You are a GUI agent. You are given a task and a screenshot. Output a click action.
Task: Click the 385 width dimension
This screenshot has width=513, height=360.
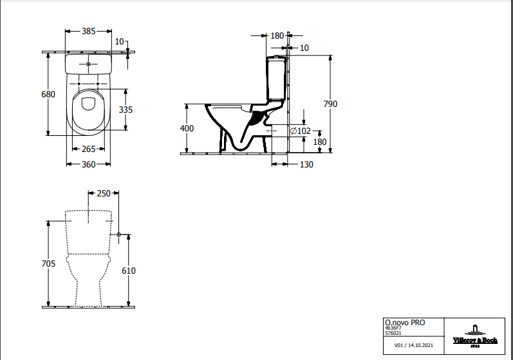pos(89,31)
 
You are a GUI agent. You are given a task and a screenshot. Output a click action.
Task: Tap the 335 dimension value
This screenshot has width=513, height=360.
pos(126,110)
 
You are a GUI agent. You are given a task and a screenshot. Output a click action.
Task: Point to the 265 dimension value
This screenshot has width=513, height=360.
pos(89,149)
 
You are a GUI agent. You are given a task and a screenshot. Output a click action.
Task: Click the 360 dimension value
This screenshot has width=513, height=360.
pos(89,164)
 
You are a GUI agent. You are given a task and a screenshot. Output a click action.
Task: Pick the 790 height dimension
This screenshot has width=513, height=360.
pos(330,104)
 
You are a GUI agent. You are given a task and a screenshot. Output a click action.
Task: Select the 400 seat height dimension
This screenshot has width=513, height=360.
pos(187,128)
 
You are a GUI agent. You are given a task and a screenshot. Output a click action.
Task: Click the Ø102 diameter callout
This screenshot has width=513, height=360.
pos(301,131)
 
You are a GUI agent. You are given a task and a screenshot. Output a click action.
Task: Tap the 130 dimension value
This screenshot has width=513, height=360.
pos(306,164)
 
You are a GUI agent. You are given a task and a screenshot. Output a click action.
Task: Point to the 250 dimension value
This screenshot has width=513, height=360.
pos(103,193)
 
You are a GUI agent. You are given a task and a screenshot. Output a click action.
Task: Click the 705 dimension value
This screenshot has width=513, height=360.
pos(48,263)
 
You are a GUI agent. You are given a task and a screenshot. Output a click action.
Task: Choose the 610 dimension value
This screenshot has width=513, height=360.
pos(129,271)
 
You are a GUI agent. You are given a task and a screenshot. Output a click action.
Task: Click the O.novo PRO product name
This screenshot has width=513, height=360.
pos(404,323)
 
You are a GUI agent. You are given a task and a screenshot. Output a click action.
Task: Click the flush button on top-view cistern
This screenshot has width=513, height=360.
pos(89,65)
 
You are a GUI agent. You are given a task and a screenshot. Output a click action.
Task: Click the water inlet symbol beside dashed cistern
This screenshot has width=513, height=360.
pos(119,235)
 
